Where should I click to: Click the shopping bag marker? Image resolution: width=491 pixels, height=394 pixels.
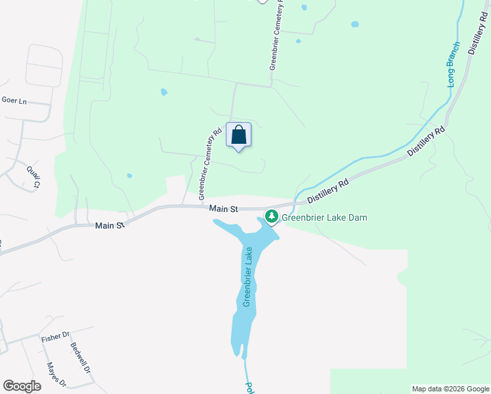tap(239, 135)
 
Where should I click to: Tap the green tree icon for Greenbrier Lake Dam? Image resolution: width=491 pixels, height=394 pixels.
tap(271, 216)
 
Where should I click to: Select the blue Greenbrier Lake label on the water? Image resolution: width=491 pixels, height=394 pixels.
tap(248, 276)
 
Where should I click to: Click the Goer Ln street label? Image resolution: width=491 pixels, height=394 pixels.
tap(14, 100)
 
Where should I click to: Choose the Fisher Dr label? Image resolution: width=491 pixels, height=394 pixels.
tap(55, 338)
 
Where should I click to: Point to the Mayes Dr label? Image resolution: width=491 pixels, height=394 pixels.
tap(56, 374)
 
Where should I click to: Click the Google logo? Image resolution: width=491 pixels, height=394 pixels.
tap(22, 386)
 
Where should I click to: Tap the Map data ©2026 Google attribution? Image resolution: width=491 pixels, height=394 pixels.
tap(450, 389)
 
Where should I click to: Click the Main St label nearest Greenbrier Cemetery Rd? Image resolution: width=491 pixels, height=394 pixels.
tap(223, 208)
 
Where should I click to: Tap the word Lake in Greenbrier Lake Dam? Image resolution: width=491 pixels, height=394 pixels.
tap(337, 217)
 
